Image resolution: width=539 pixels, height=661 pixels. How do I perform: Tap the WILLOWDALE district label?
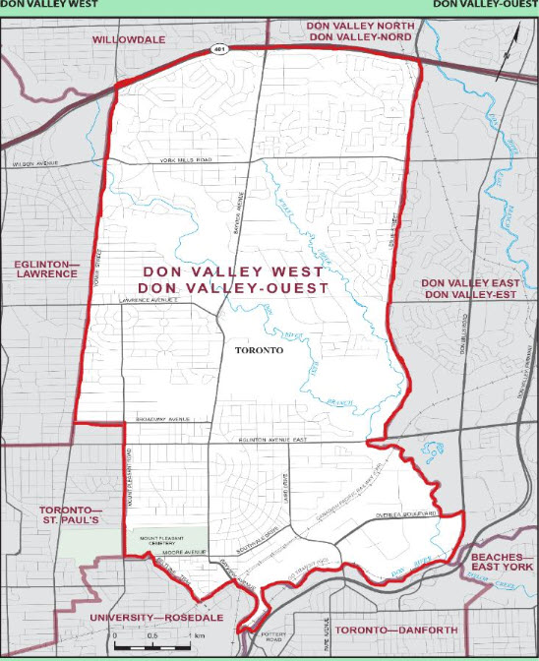[131, 40]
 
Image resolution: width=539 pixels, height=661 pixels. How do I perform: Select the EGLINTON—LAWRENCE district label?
[45, 269]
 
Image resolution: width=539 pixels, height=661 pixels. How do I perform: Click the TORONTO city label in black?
[260, 349]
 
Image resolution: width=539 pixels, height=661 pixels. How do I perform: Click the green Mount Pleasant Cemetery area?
[166, 540]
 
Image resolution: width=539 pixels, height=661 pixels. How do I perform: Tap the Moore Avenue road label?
[177, 554]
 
